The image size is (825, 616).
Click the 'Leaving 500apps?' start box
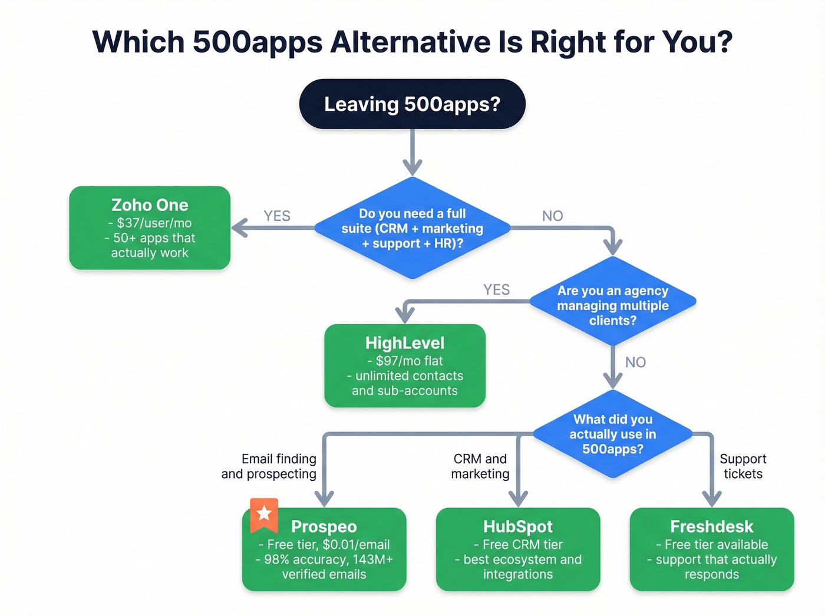click(x=412, y=104)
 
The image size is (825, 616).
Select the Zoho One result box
click(x=150, y=228)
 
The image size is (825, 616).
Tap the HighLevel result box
click(x=405, y=365)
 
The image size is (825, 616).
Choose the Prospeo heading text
click(x=324, y=526)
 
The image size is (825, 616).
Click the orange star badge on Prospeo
click(x=264, y=513)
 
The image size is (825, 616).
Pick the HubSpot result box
click(x=518, y=549)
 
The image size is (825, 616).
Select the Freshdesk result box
click(x=712, y=549)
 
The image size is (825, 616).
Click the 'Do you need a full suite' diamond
click(x=412, y=228)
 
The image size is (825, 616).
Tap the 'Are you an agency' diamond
click(x=613, y=305)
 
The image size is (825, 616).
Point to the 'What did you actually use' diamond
click(x=613, y=434)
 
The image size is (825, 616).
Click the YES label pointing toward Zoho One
click(x=277, y=216)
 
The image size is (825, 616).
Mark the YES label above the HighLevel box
click(x=496, y=289)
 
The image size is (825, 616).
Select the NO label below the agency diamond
click(x=635, y=362)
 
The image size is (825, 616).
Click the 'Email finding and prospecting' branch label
click(x=269, y=466)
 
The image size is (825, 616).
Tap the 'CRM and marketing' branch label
click(x=480, y=466)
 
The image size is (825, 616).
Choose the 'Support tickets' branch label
click(x=742, y=466)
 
